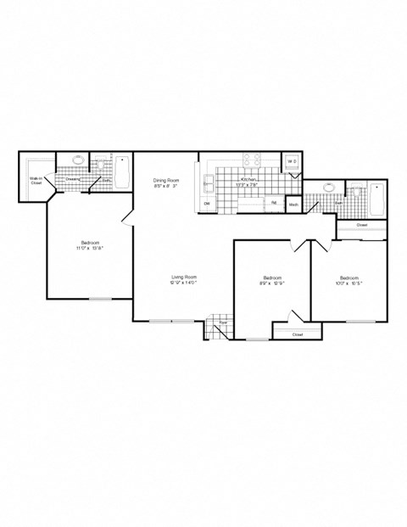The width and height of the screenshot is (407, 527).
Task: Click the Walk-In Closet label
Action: (36, 181)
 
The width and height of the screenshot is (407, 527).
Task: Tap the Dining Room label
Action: (166, 180)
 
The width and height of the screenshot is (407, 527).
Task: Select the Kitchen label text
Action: (249, 181)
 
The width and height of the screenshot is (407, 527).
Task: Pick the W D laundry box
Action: (291, 161)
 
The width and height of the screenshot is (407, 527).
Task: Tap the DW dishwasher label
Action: (208, 204)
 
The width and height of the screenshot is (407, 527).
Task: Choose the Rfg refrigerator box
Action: (275, 203)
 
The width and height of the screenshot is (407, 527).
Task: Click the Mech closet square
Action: (293, 205)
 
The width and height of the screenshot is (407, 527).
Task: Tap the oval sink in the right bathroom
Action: (330, 188)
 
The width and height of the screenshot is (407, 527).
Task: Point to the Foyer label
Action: (222, 323)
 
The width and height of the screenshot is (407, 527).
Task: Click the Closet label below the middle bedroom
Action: (297, 334)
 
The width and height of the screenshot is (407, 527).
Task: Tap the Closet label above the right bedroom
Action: (361, 225)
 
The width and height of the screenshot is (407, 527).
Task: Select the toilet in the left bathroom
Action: (100, 161)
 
